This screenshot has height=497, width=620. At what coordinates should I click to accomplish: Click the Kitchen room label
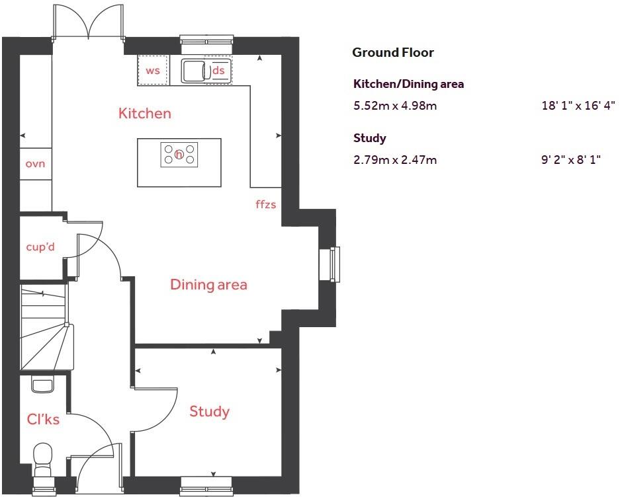(x=144, y=114)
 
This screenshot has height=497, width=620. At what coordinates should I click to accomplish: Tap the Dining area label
(x=208, y=285)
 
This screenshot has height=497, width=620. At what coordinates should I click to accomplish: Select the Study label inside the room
(x=209, y=412)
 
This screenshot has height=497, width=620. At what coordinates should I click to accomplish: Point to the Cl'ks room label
(x=43, y=419)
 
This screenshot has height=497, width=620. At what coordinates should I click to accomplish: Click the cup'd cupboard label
(x=40, y=247)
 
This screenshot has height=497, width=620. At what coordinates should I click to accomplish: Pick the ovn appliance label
(x=35, y=163)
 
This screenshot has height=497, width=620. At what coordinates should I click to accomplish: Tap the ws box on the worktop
(x=153, y=71)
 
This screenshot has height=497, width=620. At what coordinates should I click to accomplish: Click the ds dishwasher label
(x=218, y=71)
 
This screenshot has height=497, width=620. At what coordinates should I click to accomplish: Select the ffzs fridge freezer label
(x=265, y=204)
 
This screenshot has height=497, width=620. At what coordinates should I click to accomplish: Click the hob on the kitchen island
(x=179, y=154)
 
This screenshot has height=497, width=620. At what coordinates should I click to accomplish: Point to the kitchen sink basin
(x=195, y=70)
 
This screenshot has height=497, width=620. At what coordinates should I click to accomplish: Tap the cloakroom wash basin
(x=42, y=385)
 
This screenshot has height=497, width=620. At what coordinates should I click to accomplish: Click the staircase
(x=45, y=327)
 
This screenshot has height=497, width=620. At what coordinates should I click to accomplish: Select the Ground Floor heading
(x=392, y=53)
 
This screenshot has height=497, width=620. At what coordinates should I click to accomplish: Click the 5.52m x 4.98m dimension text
(x=395, y=105)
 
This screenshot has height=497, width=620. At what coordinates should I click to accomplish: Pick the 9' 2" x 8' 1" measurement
(x=570, y=159)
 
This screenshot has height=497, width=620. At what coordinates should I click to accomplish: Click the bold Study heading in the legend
(x=370, y=138)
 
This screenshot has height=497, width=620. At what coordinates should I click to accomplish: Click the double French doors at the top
(x=88, y=22)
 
